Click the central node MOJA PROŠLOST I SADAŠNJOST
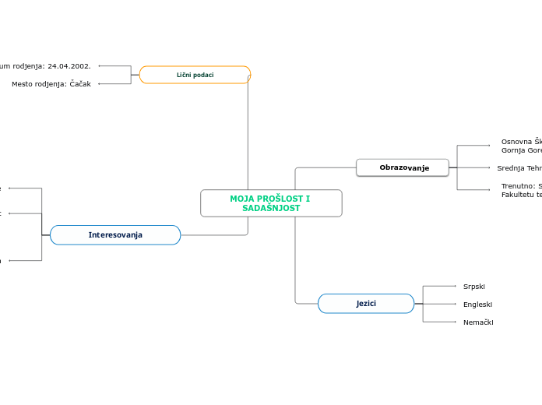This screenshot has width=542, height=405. [270, 203]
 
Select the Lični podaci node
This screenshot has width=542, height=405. [195, 75]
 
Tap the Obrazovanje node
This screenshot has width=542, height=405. [403, 167]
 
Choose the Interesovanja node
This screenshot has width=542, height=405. [115, 234]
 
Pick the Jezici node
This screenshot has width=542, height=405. [366, 303]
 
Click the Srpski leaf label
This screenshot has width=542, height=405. [473, 287]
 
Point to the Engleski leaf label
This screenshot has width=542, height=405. [477, 305]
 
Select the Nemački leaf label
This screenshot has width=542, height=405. [478, 322]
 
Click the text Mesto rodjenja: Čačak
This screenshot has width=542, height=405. [51, 84]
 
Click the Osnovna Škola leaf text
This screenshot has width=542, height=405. [521, 142]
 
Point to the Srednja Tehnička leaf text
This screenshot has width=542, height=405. [519, 167]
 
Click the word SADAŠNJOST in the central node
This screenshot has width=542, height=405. [270, 209]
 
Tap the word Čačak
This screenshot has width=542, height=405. [80, 84]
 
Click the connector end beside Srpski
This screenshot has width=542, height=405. [456, 287]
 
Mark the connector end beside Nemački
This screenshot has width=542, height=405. [456, 322]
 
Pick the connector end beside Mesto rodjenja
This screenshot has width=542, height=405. [100, 84]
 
